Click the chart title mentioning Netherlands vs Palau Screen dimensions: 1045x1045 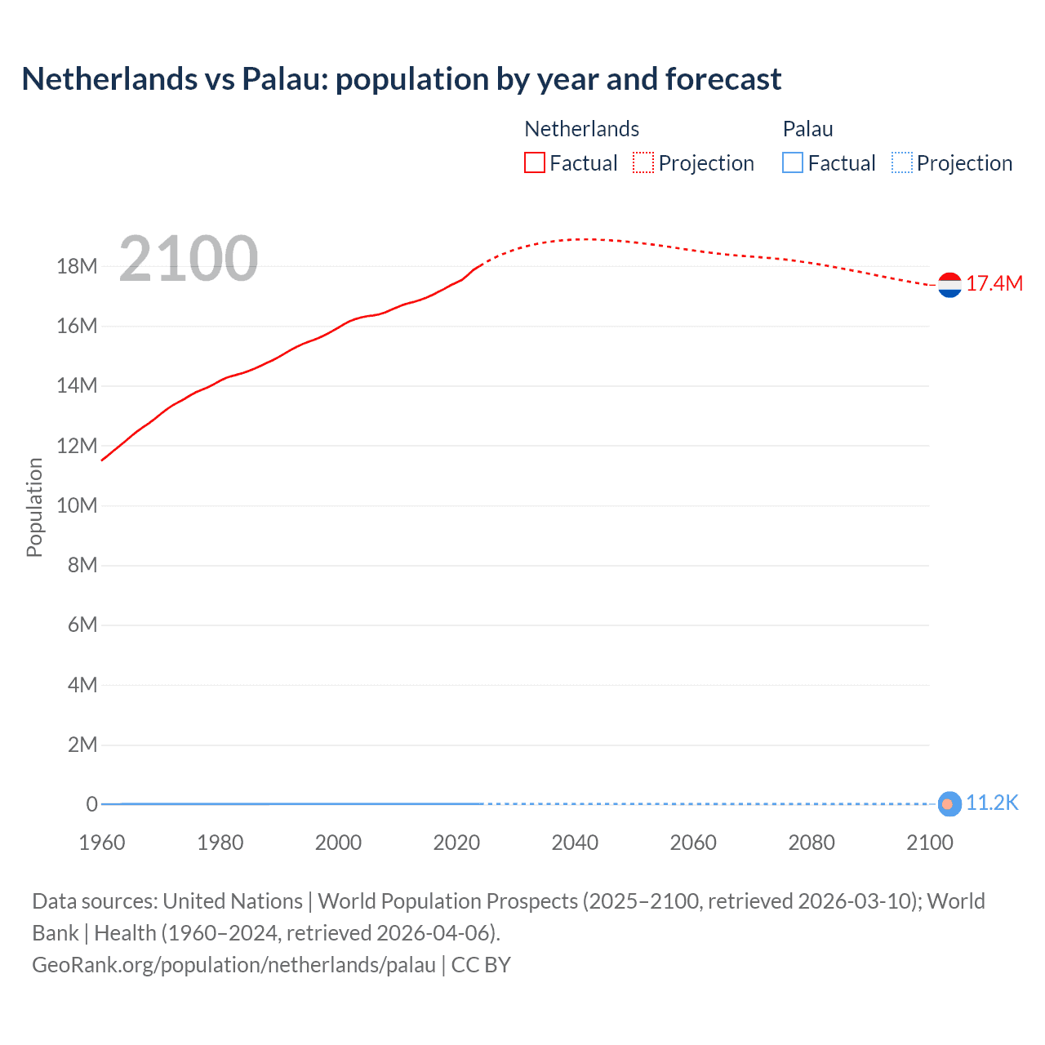401,79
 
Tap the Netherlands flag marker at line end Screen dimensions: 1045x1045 949,285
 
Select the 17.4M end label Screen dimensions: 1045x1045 994,284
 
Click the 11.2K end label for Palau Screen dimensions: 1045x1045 992,803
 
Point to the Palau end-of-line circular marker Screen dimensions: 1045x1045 949,804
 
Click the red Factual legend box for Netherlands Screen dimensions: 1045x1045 535,163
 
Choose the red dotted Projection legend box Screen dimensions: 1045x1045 643,163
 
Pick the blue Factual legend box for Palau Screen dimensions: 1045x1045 793,163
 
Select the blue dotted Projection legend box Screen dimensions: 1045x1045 901,163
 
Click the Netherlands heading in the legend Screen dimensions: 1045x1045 581,129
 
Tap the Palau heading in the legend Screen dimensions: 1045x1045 807,129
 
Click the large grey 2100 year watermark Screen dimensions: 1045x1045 189,259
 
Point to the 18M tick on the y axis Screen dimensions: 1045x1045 77,267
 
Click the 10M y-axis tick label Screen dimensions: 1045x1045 77,505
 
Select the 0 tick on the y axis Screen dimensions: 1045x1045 91,804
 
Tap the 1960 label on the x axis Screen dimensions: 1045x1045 102,843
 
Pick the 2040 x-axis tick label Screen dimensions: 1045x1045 575,843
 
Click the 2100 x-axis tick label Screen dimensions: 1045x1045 929,843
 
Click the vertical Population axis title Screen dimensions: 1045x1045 34,507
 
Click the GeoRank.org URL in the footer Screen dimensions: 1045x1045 233,965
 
